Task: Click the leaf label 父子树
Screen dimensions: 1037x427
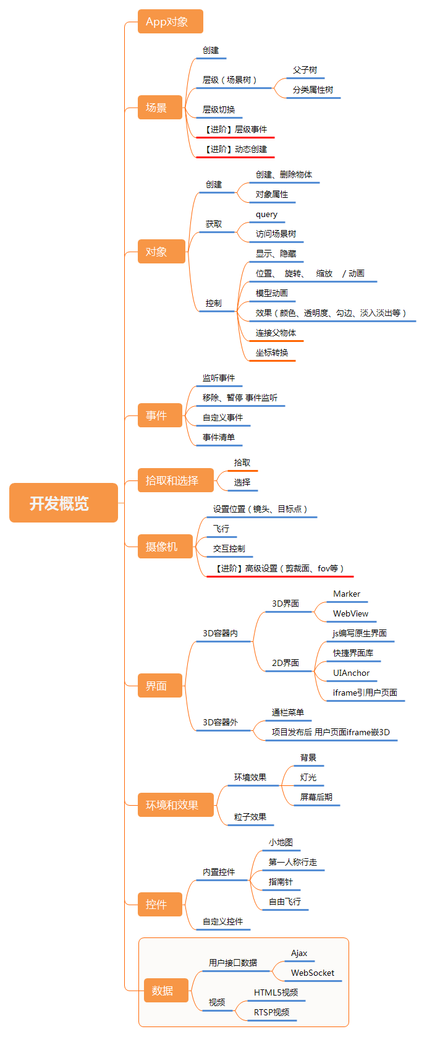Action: (305, 70)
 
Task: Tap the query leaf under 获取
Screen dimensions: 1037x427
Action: (266, 215)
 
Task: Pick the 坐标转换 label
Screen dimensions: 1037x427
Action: (272, 352)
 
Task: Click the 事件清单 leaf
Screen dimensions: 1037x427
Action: (219, 437)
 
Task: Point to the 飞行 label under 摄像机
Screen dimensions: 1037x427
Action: (221, 529)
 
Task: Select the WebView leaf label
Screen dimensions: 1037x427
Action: (350, 613)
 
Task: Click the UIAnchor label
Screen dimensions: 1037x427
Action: (351, 673)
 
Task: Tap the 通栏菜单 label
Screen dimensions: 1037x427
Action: (287, 712)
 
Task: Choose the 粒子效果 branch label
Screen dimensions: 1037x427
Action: (250, 817)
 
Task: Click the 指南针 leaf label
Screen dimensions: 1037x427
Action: (281, 882)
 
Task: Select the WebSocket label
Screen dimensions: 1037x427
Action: (313, 973)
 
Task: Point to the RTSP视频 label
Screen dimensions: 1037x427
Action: (271, 1012)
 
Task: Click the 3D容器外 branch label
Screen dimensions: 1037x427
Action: (220, 722)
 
